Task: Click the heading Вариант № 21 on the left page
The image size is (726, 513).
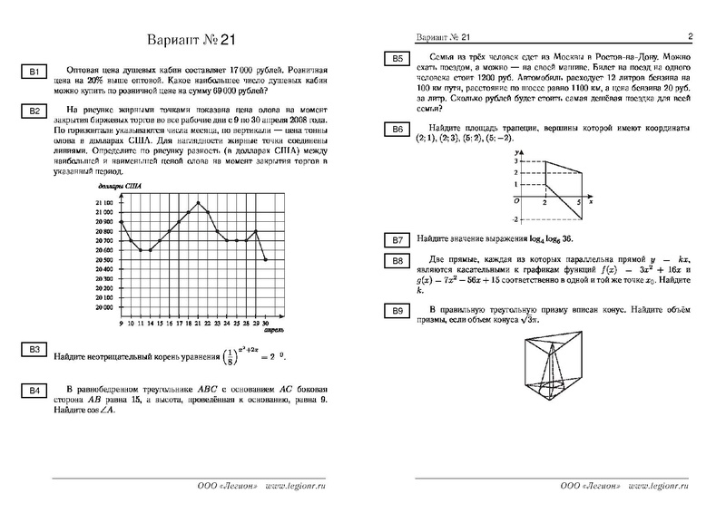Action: click(x=190, y=41)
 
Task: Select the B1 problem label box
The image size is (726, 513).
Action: click(x=33, y=72)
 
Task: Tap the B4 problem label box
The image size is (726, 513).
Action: click(x=33, y=391)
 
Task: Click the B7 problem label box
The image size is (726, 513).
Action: click(x=397, y=240)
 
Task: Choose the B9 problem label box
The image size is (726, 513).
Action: click(x=397, y=312)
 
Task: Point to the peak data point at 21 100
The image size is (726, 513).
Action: click(x=198, y=202)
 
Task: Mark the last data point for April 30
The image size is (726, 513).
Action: click(x=266, y=260)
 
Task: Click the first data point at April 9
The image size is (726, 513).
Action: click(x=121, y=221)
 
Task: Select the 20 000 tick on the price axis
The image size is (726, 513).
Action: click(x=105, y=308)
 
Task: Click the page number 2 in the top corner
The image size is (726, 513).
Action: click(x=690, y=37)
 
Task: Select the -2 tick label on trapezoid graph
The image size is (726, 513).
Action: click(x=515, y=219)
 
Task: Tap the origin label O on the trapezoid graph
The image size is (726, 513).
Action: click(x=515, y=199)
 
